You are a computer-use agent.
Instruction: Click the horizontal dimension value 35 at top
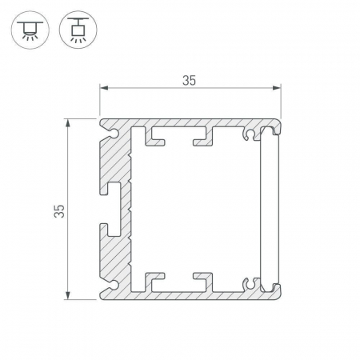point(189,81)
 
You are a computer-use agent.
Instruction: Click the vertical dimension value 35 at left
point(59,211)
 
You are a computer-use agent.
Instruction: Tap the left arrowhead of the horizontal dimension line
point(104,88)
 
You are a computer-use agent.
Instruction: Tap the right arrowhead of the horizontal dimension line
point(277,88)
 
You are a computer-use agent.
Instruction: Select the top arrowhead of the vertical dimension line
point(68,123)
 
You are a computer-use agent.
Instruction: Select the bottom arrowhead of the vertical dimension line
point(68,295)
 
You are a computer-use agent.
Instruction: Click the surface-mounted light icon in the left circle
point(30,30)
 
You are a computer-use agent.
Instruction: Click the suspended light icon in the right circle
point(78,30)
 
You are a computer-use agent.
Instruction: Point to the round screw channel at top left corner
point(114,133)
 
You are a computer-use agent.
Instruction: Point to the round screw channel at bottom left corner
point(114,285)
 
